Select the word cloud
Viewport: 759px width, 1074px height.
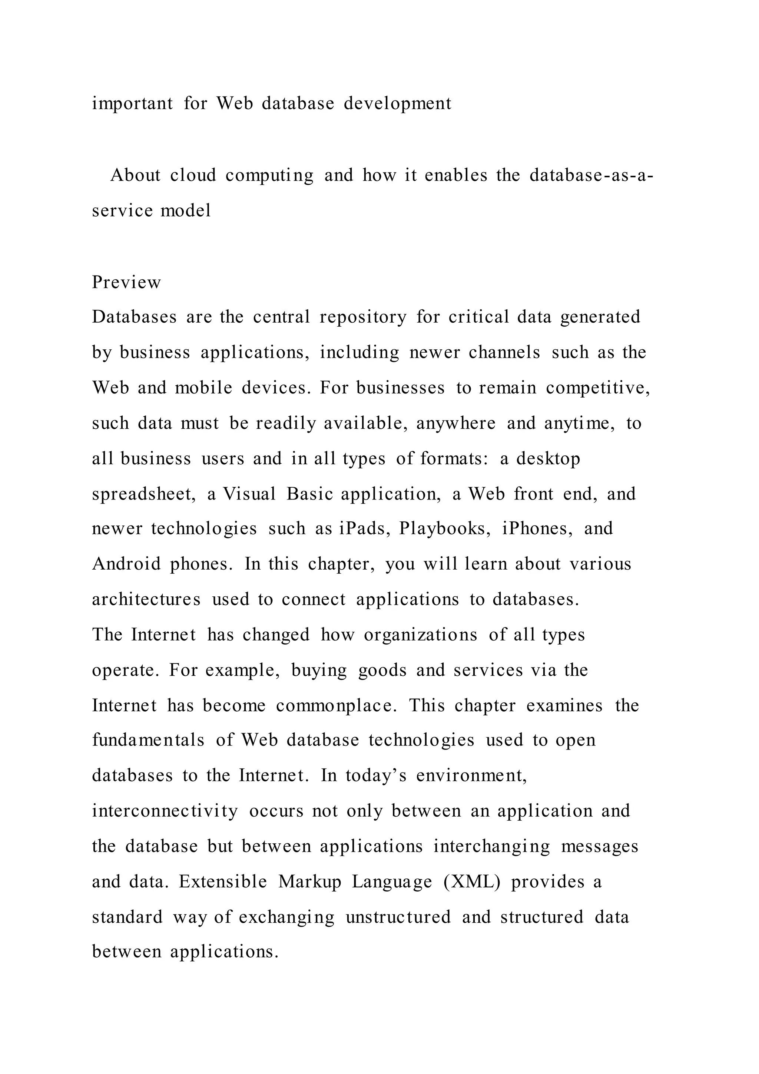click(193, 175)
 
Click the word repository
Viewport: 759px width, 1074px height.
click(363, 317)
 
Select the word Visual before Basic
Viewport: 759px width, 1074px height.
click(249, 494)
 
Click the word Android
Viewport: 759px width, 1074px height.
click(126, 564)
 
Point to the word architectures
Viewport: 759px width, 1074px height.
click(146, 600)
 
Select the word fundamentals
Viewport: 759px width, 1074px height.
click(148, 741)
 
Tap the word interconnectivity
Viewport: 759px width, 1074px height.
click(165, 811)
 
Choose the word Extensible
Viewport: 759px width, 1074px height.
click(222, 882)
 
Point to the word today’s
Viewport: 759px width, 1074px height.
click(376, 777)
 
